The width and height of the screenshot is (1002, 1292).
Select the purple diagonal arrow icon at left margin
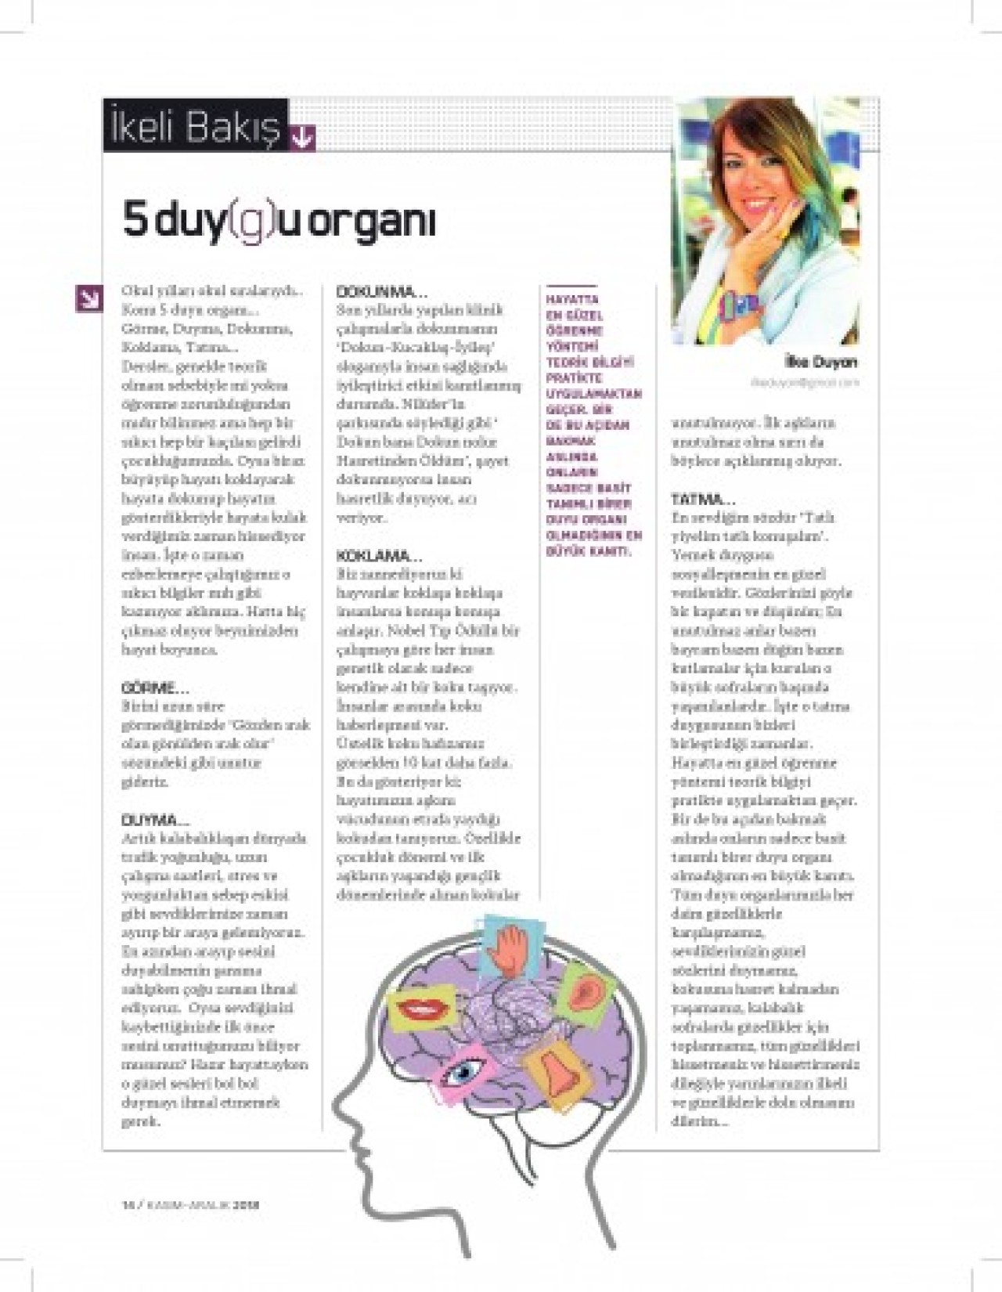88,297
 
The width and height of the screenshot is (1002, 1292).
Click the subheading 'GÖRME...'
155,689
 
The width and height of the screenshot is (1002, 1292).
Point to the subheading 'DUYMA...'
155,821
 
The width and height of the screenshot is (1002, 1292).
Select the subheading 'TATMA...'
703,499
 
